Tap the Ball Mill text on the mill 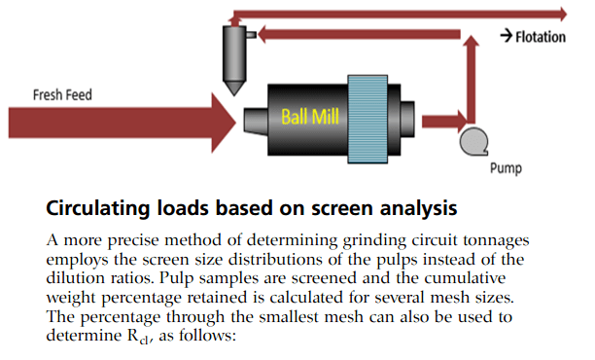click(310, 117)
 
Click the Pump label click(505, 167)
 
